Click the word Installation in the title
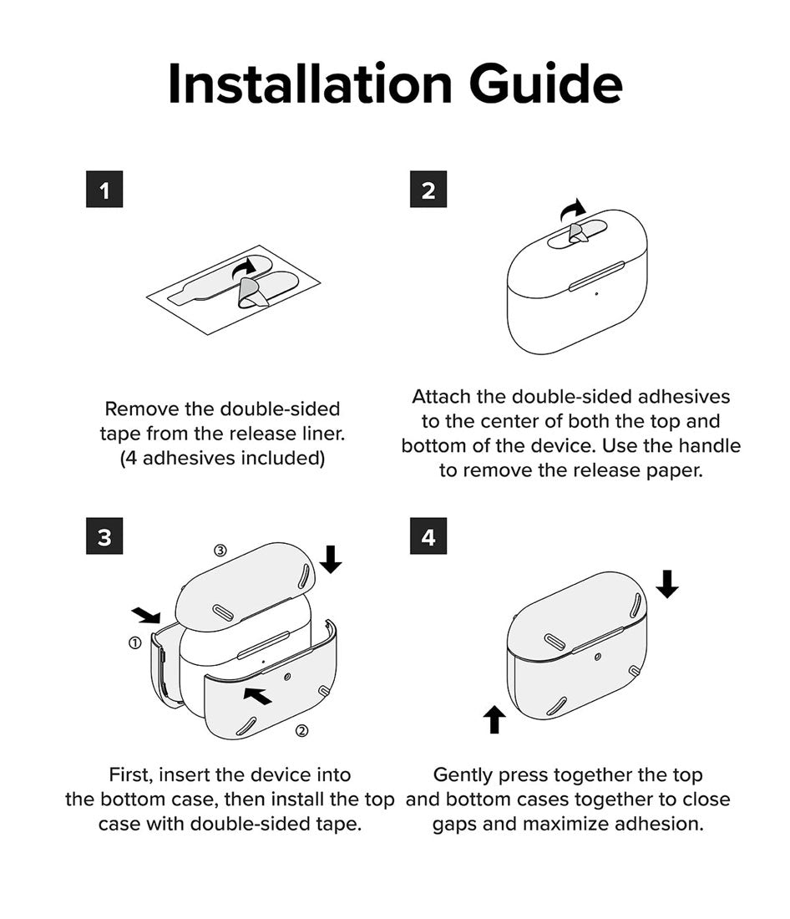click(x=310, y=84)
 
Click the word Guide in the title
click(x=545, y=84)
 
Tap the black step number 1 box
click(x=104, y=190)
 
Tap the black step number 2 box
click(x=428, y=190)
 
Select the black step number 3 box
click(x=104, y=536)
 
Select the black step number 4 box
click(x=428, y=536)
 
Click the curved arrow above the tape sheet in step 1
click(x=245, y=268)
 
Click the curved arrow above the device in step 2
click(x=573, y=210)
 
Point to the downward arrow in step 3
click(x=331, y=559)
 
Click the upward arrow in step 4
click(x=494, y=719)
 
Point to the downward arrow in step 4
click(x=667, y=584)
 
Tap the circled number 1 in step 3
click(x=134, y=643)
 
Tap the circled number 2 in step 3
click(x=301, y=731)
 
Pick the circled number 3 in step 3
click(x=220, y=551)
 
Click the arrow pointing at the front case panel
click(x=258, y=696)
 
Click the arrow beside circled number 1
click(x=145, y=615)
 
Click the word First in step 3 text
click(x=130, y=774)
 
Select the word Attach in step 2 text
click(x=441, y=397)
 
